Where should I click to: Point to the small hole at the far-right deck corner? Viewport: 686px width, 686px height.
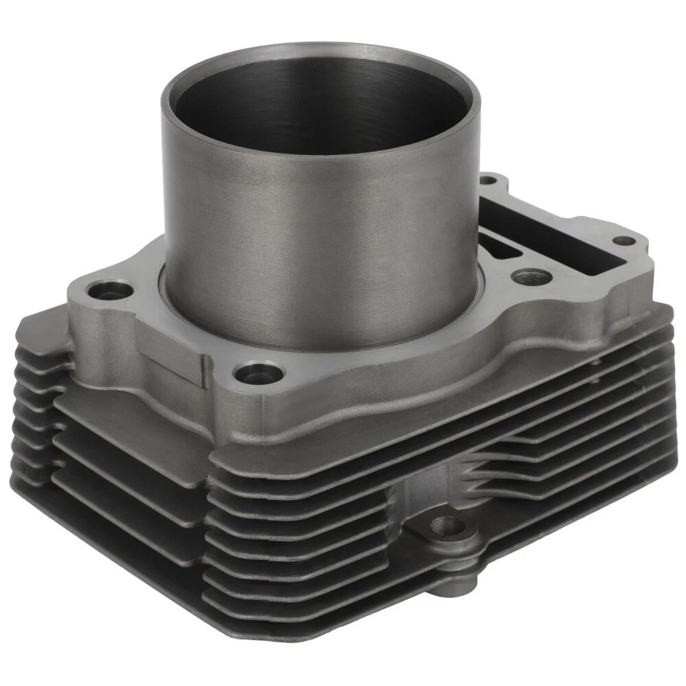623,241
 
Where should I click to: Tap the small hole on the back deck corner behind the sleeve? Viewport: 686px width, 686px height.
488,179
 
